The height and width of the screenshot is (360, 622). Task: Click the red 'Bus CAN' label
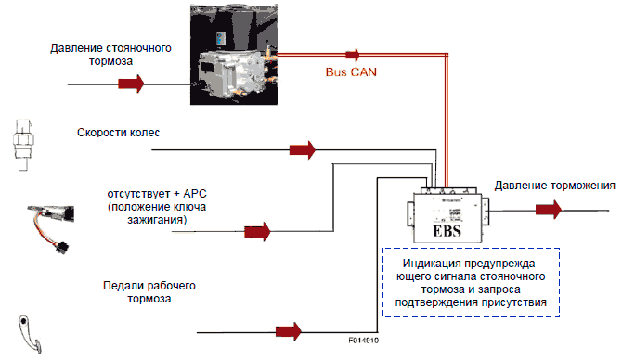351,71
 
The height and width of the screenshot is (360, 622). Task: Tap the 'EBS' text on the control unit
447,231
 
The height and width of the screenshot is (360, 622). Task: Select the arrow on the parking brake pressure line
131,84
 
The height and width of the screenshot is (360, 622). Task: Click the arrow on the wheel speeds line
303,150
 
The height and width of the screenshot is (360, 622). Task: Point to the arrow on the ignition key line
257,231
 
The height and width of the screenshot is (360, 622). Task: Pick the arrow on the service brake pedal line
289,331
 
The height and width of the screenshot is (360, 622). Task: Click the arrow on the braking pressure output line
549,210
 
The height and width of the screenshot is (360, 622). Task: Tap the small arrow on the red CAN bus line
353,55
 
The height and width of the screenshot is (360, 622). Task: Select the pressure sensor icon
22,145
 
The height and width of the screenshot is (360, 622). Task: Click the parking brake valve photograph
234,55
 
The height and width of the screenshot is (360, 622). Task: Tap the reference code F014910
363,341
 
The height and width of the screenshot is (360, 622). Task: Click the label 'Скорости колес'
118,133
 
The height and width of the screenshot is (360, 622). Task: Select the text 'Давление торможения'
554,186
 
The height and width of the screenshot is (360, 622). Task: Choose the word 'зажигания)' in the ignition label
157,220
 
